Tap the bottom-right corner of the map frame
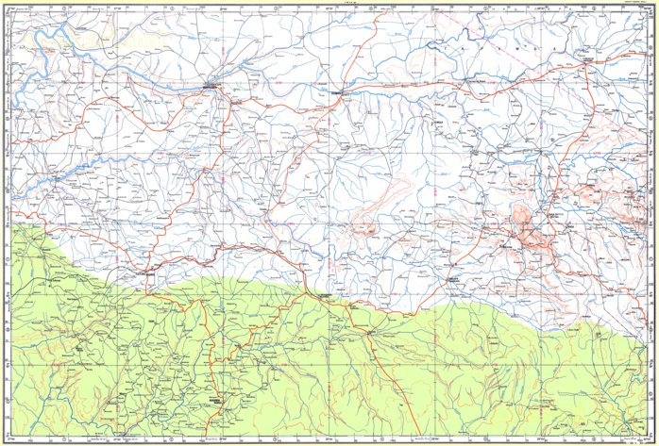click(651, 438)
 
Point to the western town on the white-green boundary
click(146, 273)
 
